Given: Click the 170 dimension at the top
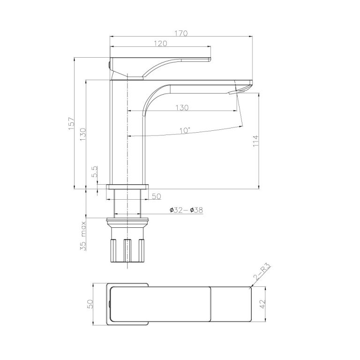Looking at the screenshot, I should [181, 33].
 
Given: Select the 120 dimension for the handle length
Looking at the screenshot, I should [161, 43].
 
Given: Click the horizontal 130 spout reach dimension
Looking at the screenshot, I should [182, 108].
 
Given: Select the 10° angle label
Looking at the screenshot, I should [184, 130].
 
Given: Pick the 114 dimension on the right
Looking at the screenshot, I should [255, 141].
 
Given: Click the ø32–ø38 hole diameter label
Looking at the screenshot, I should [186, 211].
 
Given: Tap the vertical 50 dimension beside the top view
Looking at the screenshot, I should [91, 304].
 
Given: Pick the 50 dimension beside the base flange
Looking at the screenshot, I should [157, 196].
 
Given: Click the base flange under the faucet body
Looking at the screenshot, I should [127, 186].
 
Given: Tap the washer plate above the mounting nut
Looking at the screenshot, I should [127, 219].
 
